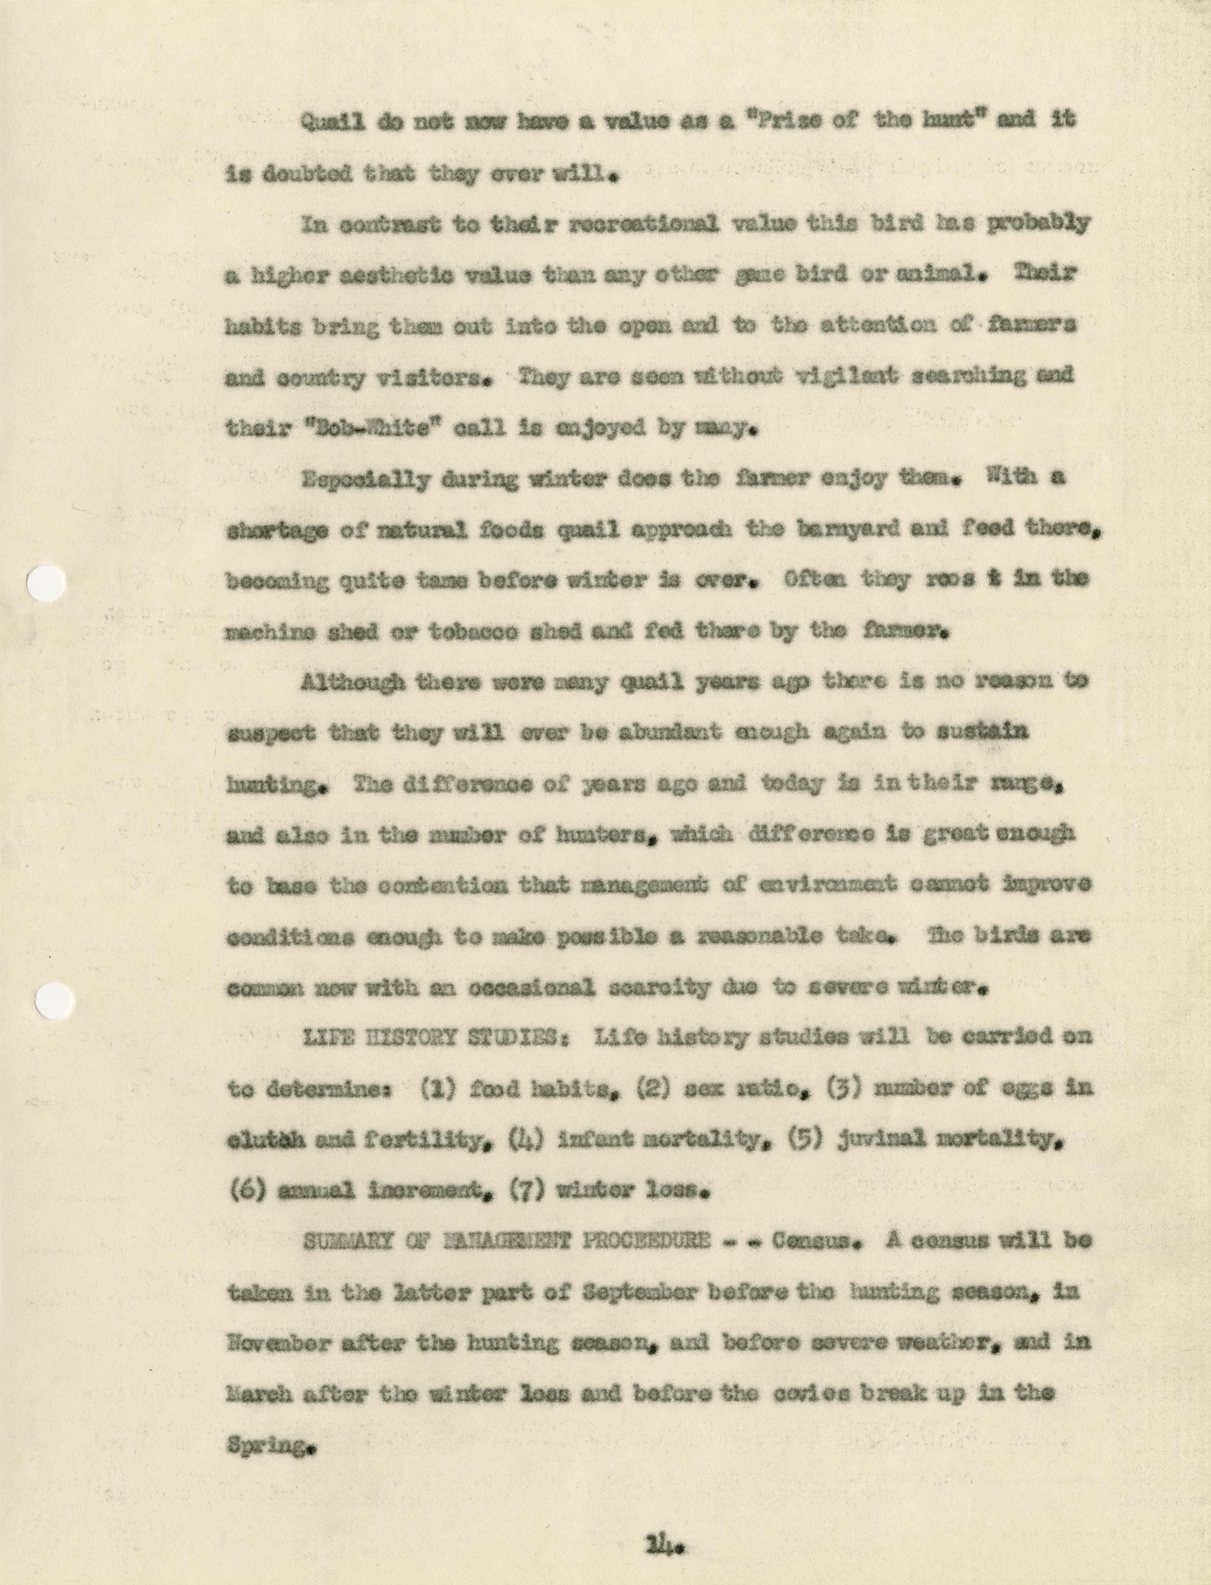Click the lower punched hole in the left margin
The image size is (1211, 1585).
[55, 1001]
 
